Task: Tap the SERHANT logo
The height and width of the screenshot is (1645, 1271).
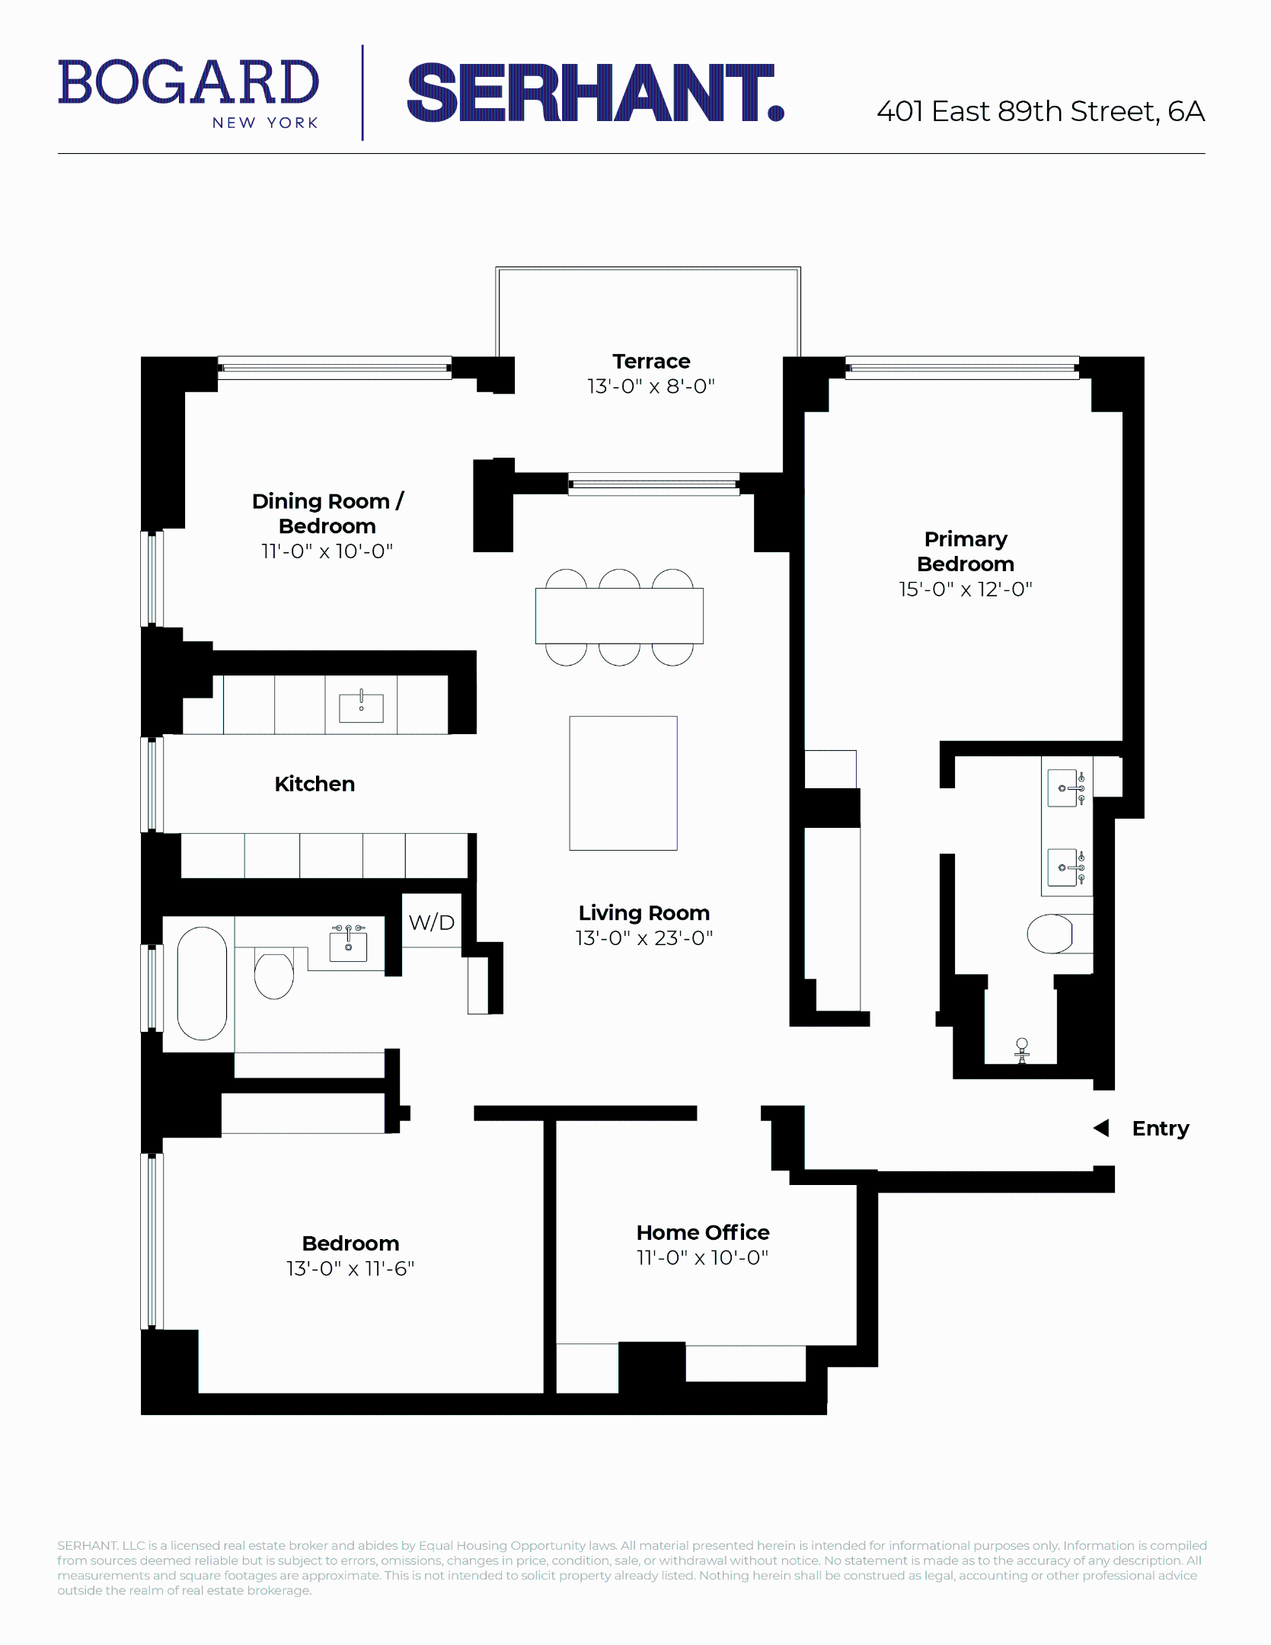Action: click(595, 93)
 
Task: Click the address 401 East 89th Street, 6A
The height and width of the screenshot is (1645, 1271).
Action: click(1040, 111)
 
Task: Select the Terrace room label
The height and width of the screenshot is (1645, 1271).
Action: click(651, 361)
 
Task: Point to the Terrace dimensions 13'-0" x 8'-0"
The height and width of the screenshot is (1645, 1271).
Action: click(651, 386)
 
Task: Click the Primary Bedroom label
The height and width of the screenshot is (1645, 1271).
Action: click(965, 551)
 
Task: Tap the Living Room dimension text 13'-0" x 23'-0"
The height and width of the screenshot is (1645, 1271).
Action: click(643, 938)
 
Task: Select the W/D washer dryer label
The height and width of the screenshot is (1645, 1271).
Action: click(431, 922)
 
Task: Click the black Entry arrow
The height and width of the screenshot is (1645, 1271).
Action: click(1101, 1128)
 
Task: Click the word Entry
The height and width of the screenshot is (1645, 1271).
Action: click(1160, 1129)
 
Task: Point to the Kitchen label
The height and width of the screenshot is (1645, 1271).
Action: click(315, 784)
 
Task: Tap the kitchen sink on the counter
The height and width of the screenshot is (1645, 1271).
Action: click(361, 707)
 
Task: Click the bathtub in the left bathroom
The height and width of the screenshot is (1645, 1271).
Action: click(202, 982)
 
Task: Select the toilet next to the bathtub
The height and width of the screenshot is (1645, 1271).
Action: click(274, 976)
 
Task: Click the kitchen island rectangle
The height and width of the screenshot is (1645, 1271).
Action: click(623, 783)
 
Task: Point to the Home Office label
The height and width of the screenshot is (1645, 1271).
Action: click(703, 1232)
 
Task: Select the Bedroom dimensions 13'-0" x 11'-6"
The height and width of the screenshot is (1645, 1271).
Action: click(350, 1269)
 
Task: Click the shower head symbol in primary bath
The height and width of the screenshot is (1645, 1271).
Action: click(1022, 1048)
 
